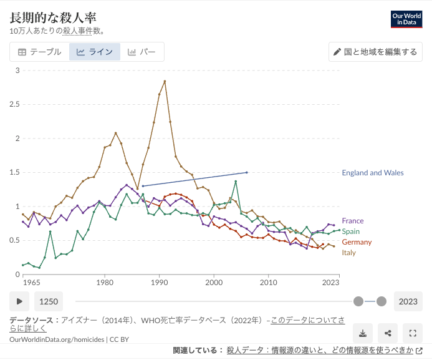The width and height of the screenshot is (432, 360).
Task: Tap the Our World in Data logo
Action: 406,19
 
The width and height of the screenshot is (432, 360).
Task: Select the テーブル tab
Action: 39,52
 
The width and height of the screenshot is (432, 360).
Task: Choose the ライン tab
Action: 95,52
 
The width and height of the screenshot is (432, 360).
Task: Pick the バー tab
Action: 142,52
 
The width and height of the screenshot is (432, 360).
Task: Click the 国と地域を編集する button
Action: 375,52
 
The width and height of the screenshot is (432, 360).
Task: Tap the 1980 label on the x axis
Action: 104,283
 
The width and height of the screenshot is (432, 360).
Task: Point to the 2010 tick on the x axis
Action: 269,283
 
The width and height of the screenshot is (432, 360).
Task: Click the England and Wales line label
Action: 373,173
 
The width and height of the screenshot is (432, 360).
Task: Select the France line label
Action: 353,221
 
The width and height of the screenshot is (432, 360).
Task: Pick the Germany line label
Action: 357,242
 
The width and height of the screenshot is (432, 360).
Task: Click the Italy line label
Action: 348,253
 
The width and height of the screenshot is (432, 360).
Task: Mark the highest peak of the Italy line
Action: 165,81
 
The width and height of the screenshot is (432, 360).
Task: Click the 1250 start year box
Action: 49,301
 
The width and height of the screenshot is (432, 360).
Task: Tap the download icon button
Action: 364,333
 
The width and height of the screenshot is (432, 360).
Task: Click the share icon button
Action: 388,333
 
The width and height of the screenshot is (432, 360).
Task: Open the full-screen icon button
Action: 412,333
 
